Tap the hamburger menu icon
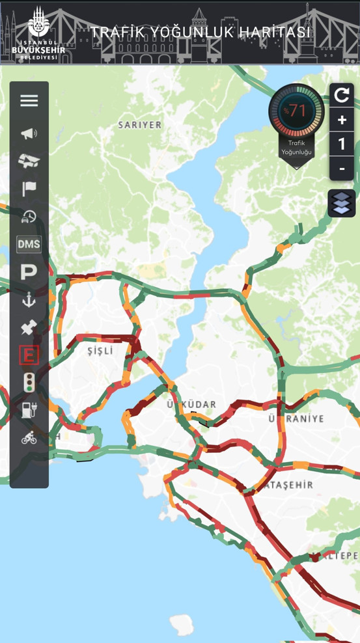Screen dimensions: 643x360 point(29,100)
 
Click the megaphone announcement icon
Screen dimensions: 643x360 point(29,134)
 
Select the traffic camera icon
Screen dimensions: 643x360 point(29,160)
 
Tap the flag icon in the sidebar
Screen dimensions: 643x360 point(29,189)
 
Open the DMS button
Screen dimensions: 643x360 point(29,244)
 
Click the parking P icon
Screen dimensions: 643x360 point(29,272)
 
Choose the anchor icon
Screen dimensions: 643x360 point(29,299)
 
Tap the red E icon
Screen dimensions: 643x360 point(29,355)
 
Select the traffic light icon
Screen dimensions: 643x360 point(29,382)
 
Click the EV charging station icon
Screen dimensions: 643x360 point(29,409)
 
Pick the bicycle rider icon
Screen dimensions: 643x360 point(29,437)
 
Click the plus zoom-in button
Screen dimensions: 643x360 point(342,120)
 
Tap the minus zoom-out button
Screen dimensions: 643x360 point(342,169)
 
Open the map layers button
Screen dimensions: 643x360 point(342,203)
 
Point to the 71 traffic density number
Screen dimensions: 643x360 point(298,111)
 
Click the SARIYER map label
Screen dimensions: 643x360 point(139,125)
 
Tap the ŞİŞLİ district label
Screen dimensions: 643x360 point(100,351)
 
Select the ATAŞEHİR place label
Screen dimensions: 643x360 point(286,485)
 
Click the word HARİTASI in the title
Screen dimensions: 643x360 point(274,32)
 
